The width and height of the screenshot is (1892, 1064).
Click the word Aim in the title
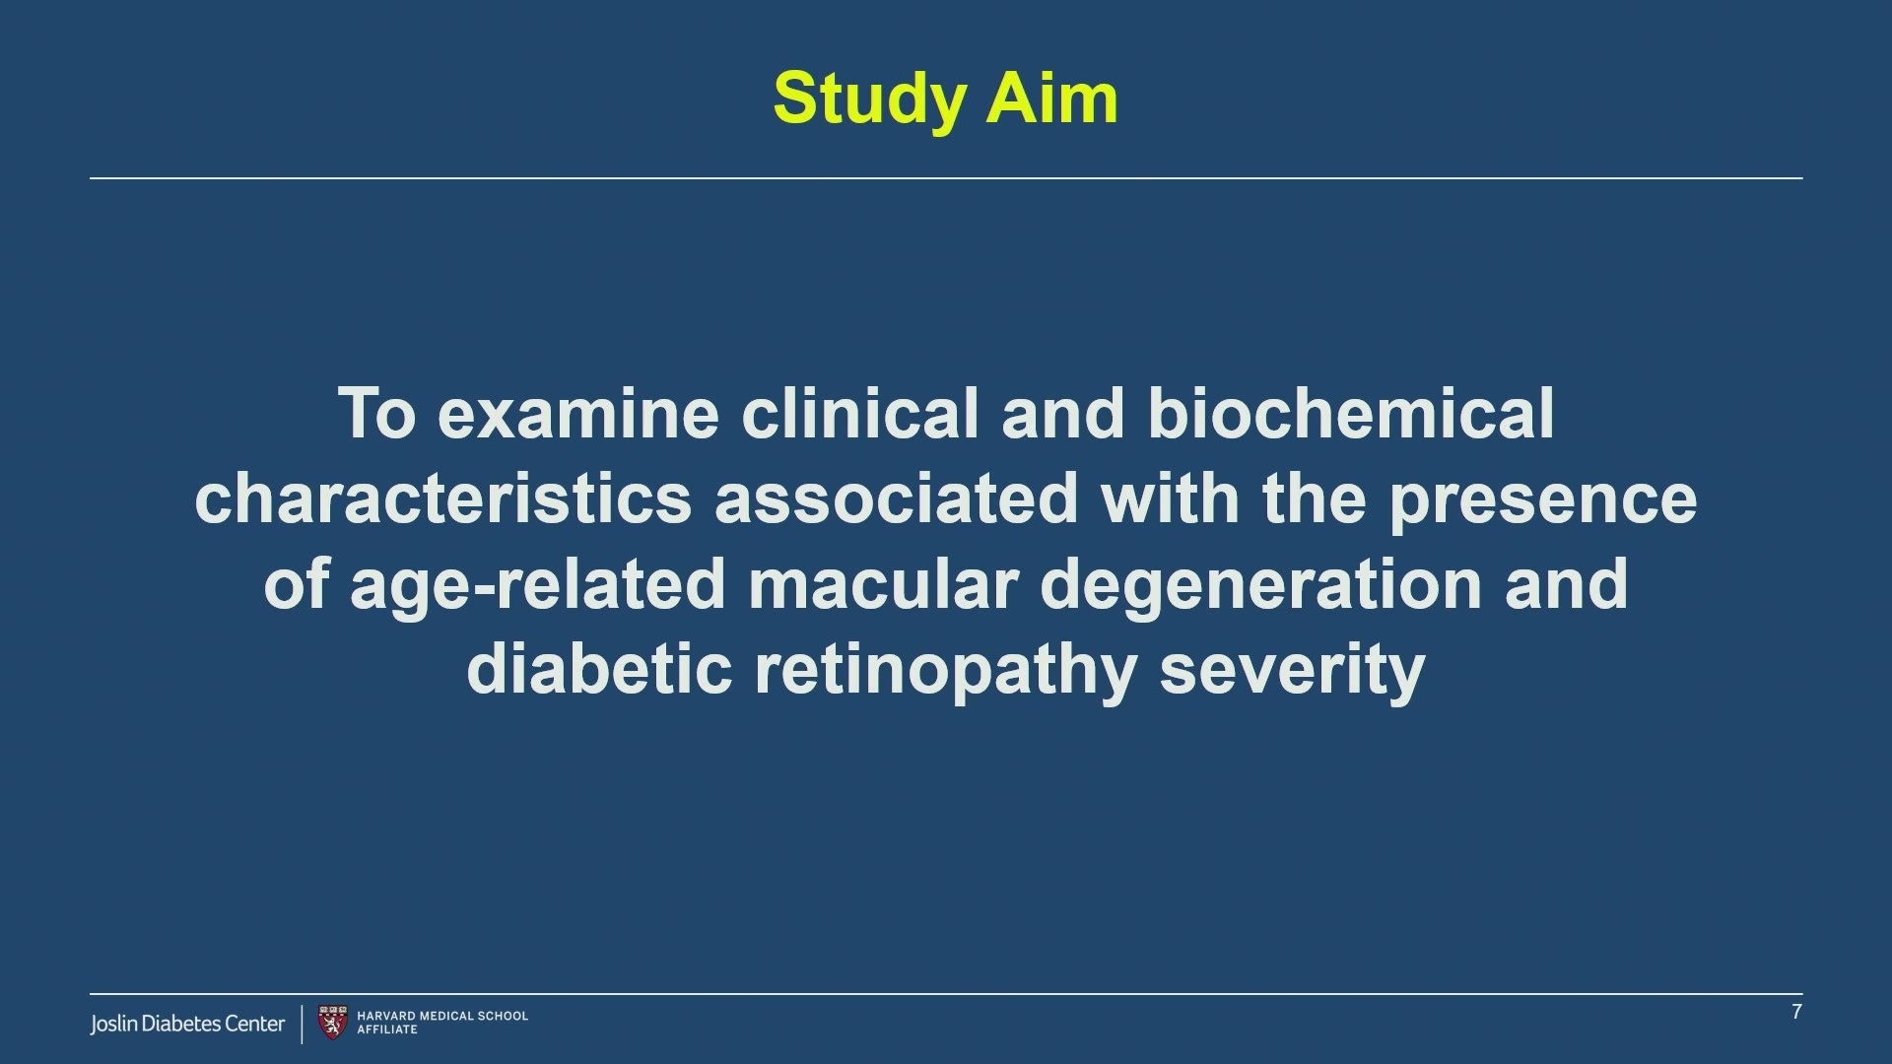pyautogui.click(x=1052, y=99)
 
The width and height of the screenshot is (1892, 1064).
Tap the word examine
pyautogui.click(x=578, y=414)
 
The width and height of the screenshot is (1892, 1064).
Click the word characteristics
pyautogui.click(x=443, y=499)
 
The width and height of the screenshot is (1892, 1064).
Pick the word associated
pyautogui.click(x=897, y=499)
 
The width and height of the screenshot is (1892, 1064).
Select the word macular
pyautogui.click(x=883, y=584)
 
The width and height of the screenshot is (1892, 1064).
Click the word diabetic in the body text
pyautogui.click(x=599, y=669)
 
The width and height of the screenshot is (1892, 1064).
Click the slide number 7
pyautogui.click(x=1796, y=1012)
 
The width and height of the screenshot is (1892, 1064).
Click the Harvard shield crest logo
pyautogui.click(x=333, y=1023)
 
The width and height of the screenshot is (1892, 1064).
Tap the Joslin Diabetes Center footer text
pyautogui.click(x=187, y=1024)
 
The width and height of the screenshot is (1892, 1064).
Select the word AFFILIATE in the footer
pyautogui.click(x=387, y=1030)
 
